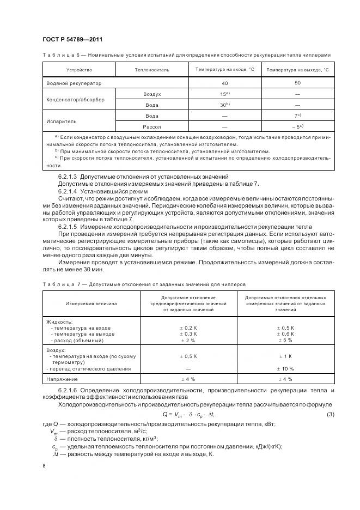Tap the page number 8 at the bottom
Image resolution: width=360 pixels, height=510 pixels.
coord(44,466)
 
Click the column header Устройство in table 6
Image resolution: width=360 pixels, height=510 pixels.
coord(80,70)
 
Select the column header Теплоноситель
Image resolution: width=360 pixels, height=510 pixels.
coord(152,70)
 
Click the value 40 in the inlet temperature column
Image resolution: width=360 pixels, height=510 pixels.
coord(224,83)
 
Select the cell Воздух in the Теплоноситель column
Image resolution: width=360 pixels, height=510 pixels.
coord(152,94)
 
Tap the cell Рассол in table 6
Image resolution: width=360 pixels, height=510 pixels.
coord(152,126)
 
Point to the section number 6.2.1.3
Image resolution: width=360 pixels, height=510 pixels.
coord(68,176)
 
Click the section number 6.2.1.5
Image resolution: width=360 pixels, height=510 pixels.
coord(68,226)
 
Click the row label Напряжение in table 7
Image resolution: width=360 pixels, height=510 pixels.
coord(62,378)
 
